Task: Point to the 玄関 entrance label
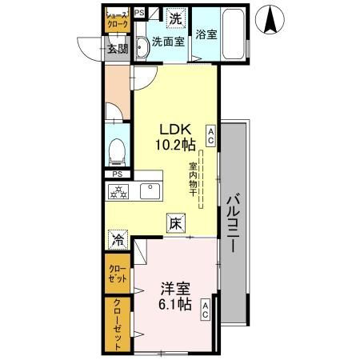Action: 118,49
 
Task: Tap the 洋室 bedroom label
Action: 174,288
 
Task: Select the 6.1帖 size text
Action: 174,304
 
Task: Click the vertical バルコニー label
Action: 234,224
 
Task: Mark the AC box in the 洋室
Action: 206,310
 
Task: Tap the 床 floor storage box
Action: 175,225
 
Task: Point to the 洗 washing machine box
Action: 175,17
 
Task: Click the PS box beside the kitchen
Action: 118,174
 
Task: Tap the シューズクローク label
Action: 118,21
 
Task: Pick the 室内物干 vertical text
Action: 194,181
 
